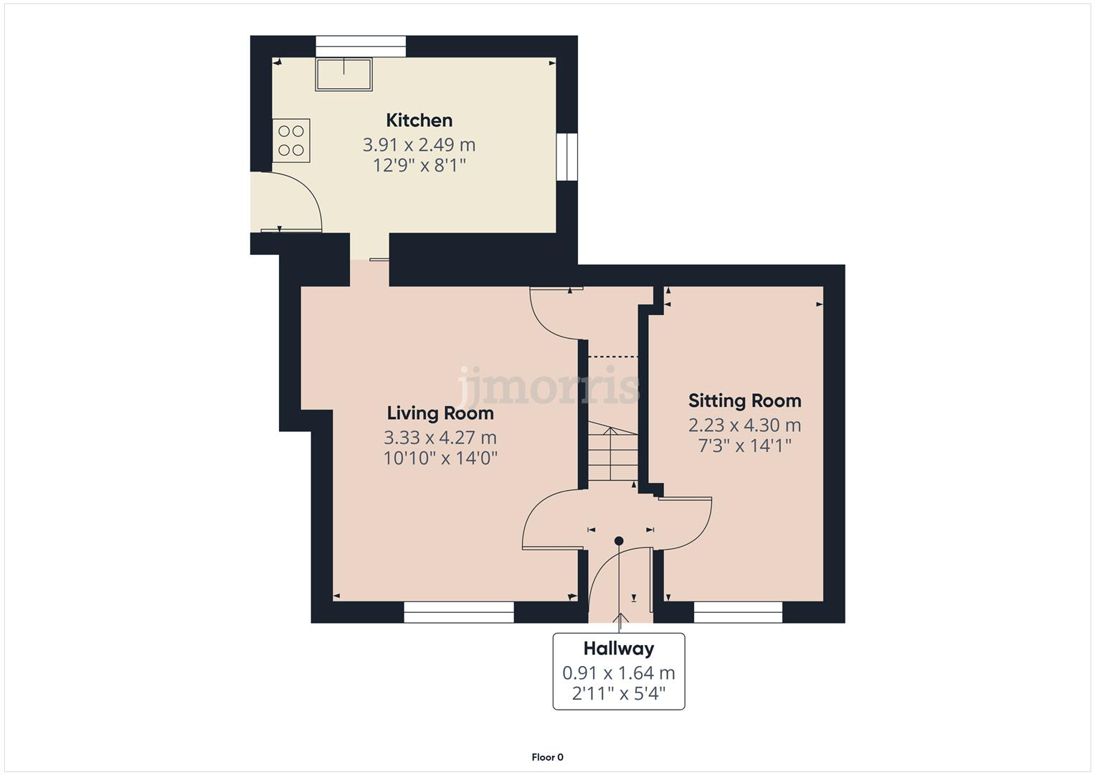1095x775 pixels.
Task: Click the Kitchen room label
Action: coord(419,120)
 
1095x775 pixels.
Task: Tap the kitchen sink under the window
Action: coord(343,75)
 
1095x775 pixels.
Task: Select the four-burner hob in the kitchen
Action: coord(291,140)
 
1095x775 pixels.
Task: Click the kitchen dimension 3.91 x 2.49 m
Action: coord(419,144)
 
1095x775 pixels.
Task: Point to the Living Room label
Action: coord(440,413)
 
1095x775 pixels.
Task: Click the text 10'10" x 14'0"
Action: coord(440,458)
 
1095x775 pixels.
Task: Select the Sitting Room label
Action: coord(744,400)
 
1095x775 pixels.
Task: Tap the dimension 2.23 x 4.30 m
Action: coord(744,425)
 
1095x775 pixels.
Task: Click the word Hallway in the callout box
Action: coord(618,649)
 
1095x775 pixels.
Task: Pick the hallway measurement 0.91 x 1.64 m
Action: coord(618,673)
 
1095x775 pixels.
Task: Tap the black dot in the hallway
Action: coord(619,540)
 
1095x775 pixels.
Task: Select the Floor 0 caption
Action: coord(547,757)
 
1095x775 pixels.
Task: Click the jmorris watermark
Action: coord(549,386)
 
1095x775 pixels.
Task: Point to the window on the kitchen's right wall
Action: coord(567,156)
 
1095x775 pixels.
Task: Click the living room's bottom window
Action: coord(459,612)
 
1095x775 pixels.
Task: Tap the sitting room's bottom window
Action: coord(738,612)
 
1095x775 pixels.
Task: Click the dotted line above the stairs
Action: coord(612,357)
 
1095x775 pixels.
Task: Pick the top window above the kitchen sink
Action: coord(361,46)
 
